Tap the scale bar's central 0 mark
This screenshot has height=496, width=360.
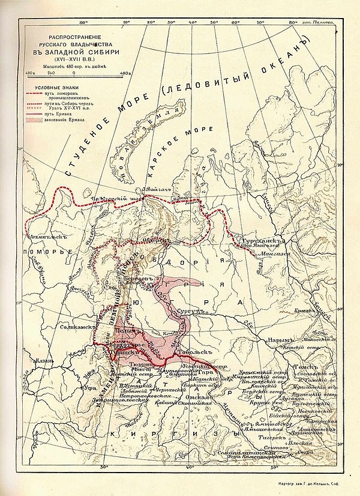[x=73, y=73]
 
